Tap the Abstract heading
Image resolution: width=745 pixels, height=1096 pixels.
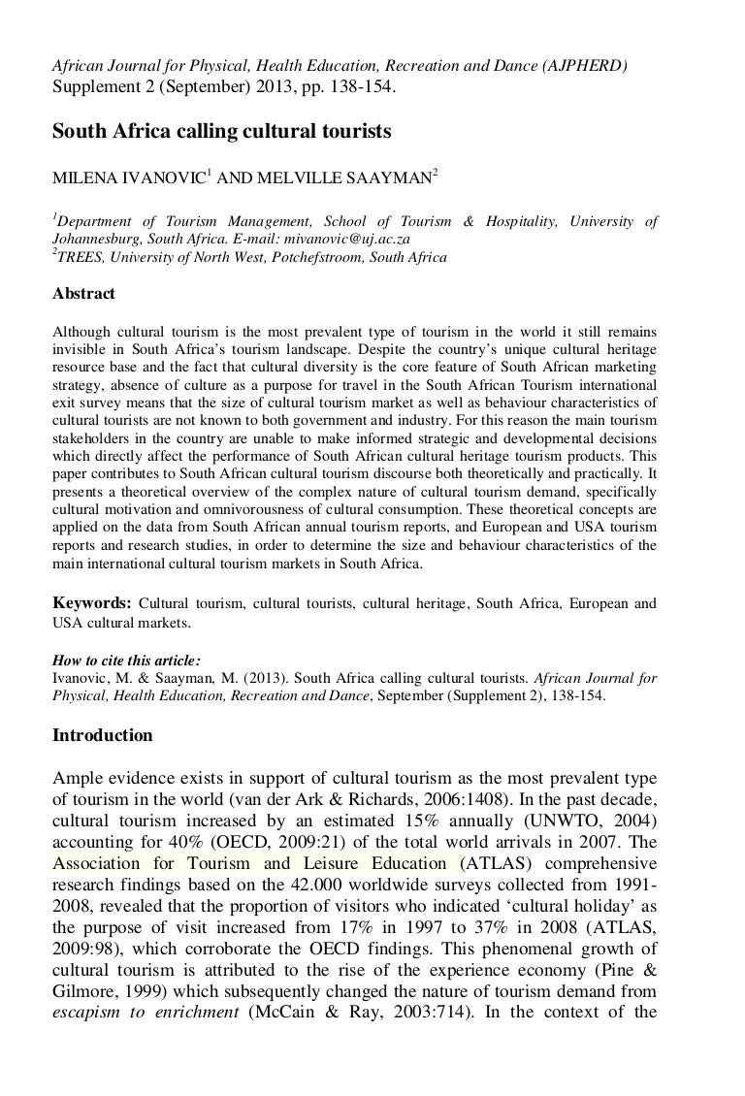click(83, 294)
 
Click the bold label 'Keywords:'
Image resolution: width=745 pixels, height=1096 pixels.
click(92, 603)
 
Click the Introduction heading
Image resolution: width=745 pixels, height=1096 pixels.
click(102, 735)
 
